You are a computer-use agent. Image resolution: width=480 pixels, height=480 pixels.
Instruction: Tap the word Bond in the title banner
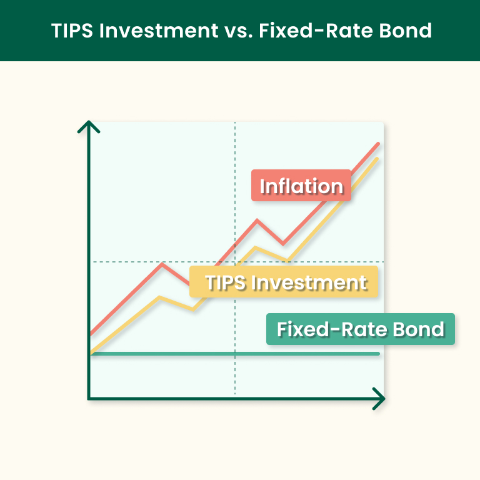pyautogui.click(x=404, y=31)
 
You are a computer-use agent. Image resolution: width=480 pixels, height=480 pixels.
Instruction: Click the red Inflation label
pyautogui.click(x=301, y=186)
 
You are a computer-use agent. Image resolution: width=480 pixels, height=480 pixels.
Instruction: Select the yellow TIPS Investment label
pyautogui.click(x=285, y=282)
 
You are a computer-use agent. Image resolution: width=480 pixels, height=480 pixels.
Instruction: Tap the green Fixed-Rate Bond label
pyautogui.click(x=360, y=329)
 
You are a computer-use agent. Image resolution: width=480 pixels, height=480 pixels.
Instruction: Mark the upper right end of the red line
pyautogui.click(x=378, y=144)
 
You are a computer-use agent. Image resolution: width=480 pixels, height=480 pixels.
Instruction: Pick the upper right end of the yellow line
pyautogui.click(x=377, y=159)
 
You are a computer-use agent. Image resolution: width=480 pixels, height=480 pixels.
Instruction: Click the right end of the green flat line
pyautogui.click(x=378, y=354)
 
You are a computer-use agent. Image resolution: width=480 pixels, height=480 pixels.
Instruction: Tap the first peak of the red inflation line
pyautogui.click(x=162, y=264)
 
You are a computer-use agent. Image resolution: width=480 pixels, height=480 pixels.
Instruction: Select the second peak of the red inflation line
pyautogui.click(x=257, y=220)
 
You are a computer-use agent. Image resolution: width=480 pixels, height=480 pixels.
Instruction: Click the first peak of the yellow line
pyautogui.click(x=161, y=297)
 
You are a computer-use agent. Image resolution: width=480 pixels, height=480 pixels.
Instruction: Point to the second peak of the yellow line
pyautogui.click(x=256, y=248)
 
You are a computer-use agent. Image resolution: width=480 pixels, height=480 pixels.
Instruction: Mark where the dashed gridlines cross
pyautogui.click(x=235, y=262)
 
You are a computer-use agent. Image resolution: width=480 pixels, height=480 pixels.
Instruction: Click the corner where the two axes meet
pyautogui.click(x=89, y=397)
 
